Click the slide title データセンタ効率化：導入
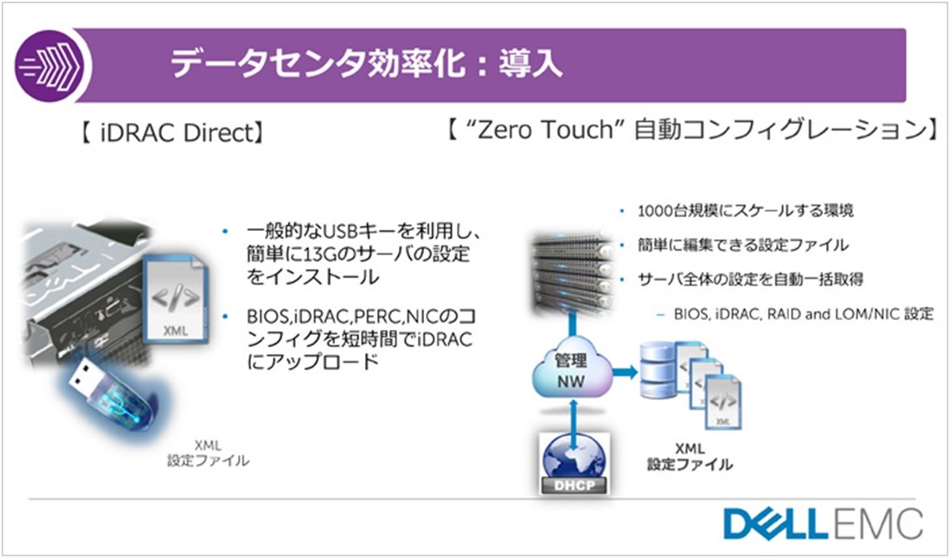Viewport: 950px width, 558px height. pyautogui.click(x=366, y=64)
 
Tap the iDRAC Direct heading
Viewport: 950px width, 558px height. pyautogui.click(x=173, y=132)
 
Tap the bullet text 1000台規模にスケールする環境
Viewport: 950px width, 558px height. pyautogui.click(x=745, y=211)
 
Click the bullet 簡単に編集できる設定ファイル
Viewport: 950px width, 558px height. pyautogui.click(x=743, y=245)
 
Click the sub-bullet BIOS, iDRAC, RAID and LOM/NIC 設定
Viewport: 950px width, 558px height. pyautogui.click(x=804, y=314)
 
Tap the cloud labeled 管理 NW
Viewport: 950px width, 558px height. pyautogui.click(x=571, y=371)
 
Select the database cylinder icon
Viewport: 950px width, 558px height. pyautogui.click(x=658, y=370)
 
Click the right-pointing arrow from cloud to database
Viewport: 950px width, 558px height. pyautogui.click(x=624, y=371)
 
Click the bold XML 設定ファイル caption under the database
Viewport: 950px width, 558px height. pyautogui.click(x=690, y=456)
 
